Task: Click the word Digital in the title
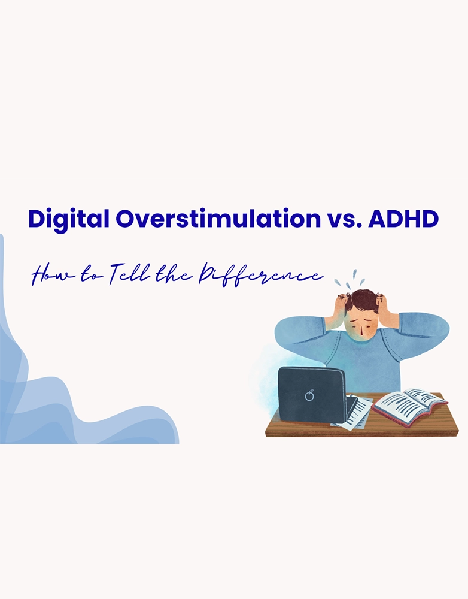[x=69, y=220]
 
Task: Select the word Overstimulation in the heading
[x=218, y=219]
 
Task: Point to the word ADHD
[x=403, y=219]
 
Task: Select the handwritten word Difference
[x=260, y=275]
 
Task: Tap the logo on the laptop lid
[x=309, y=395]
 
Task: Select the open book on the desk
[x=409, y=407]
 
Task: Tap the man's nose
[x=360, y=332]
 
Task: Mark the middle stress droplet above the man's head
[x=354, y=274]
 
